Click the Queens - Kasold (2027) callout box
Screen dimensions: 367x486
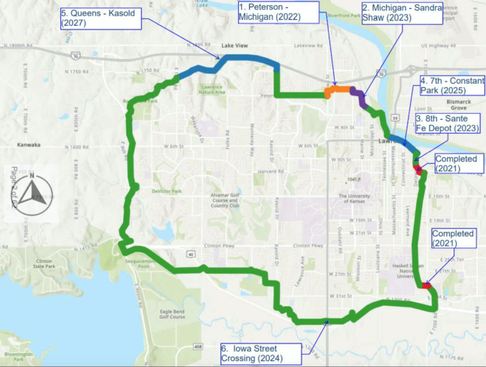tap(101, 18)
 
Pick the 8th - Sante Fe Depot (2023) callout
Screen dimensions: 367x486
tap(447, 123)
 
